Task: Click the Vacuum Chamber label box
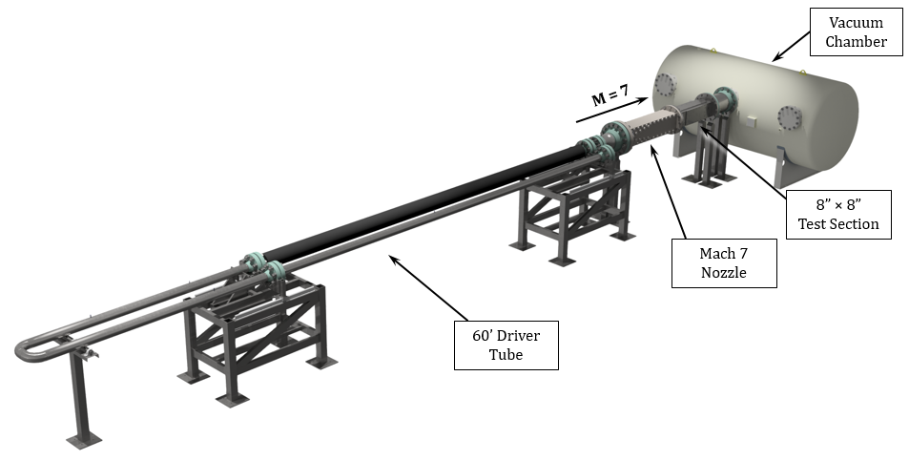(856, 31)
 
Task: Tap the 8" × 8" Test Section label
(838, 214)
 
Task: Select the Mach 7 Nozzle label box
(724, 262)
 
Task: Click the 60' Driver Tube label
(506, 345)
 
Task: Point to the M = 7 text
(610, 95)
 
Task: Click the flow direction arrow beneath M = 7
(611, 110)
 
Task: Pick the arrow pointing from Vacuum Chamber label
(792, 46)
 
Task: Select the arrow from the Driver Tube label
(428, 287)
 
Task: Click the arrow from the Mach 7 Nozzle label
(669, 192)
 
